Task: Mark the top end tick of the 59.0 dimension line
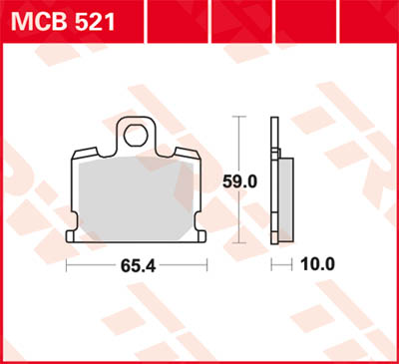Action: [x=238, y=116]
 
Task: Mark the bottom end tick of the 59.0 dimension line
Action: [x=238, y=243]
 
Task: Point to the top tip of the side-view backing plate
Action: [x=274, y=118]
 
